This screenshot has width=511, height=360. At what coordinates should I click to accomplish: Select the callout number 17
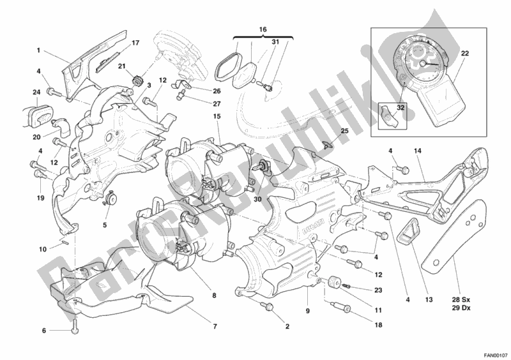tap(135, 43)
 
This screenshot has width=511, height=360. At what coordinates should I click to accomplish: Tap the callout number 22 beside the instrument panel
tap(465, 54)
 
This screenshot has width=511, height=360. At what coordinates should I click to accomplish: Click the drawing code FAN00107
tap(494, 354)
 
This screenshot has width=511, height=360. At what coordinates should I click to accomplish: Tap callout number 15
tap(217, 117)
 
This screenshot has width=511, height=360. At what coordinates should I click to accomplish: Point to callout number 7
tap(215, 326)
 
